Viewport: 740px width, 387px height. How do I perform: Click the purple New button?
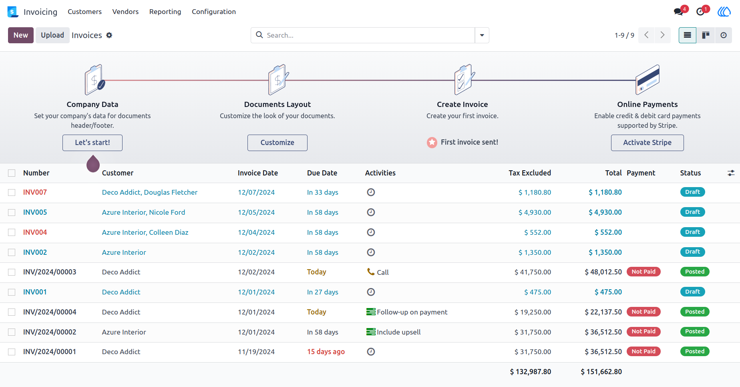[x=21, y=35]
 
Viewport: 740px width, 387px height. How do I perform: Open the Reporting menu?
[x=165, y=12]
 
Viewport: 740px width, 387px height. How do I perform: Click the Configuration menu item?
[x=214, y=12]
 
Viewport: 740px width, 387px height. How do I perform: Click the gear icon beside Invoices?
[x=109, y=35]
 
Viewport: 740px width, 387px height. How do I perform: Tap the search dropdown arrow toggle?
[x=482, y=35]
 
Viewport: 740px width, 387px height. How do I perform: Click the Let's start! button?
[x=92, y=143]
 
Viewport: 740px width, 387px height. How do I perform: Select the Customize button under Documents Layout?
[x=277, y=143]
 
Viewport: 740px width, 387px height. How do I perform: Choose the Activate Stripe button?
[x=647, y=143]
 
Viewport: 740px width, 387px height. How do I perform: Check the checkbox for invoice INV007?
[x=12, y=193]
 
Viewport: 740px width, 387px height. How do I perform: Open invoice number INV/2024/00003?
[x=50, y=272]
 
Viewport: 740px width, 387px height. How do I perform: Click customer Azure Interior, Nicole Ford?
[x=143, y=212]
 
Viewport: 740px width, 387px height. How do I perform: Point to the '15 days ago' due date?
[x=326, y=352]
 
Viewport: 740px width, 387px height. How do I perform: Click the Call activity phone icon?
[x=371, y=272]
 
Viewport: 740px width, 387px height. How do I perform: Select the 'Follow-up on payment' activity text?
[x=412, y=312]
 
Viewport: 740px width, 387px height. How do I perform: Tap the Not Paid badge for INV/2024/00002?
[x=643, y=332]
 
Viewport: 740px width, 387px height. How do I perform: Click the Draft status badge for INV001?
[x=692, y=292]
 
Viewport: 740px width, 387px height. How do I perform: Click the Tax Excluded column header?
[x=530, y=173]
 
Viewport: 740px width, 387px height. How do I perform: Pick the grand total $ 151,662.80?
[x=601, y=372]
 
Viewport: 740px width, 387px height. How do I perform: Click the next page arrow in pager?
[x=663, y=35]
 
